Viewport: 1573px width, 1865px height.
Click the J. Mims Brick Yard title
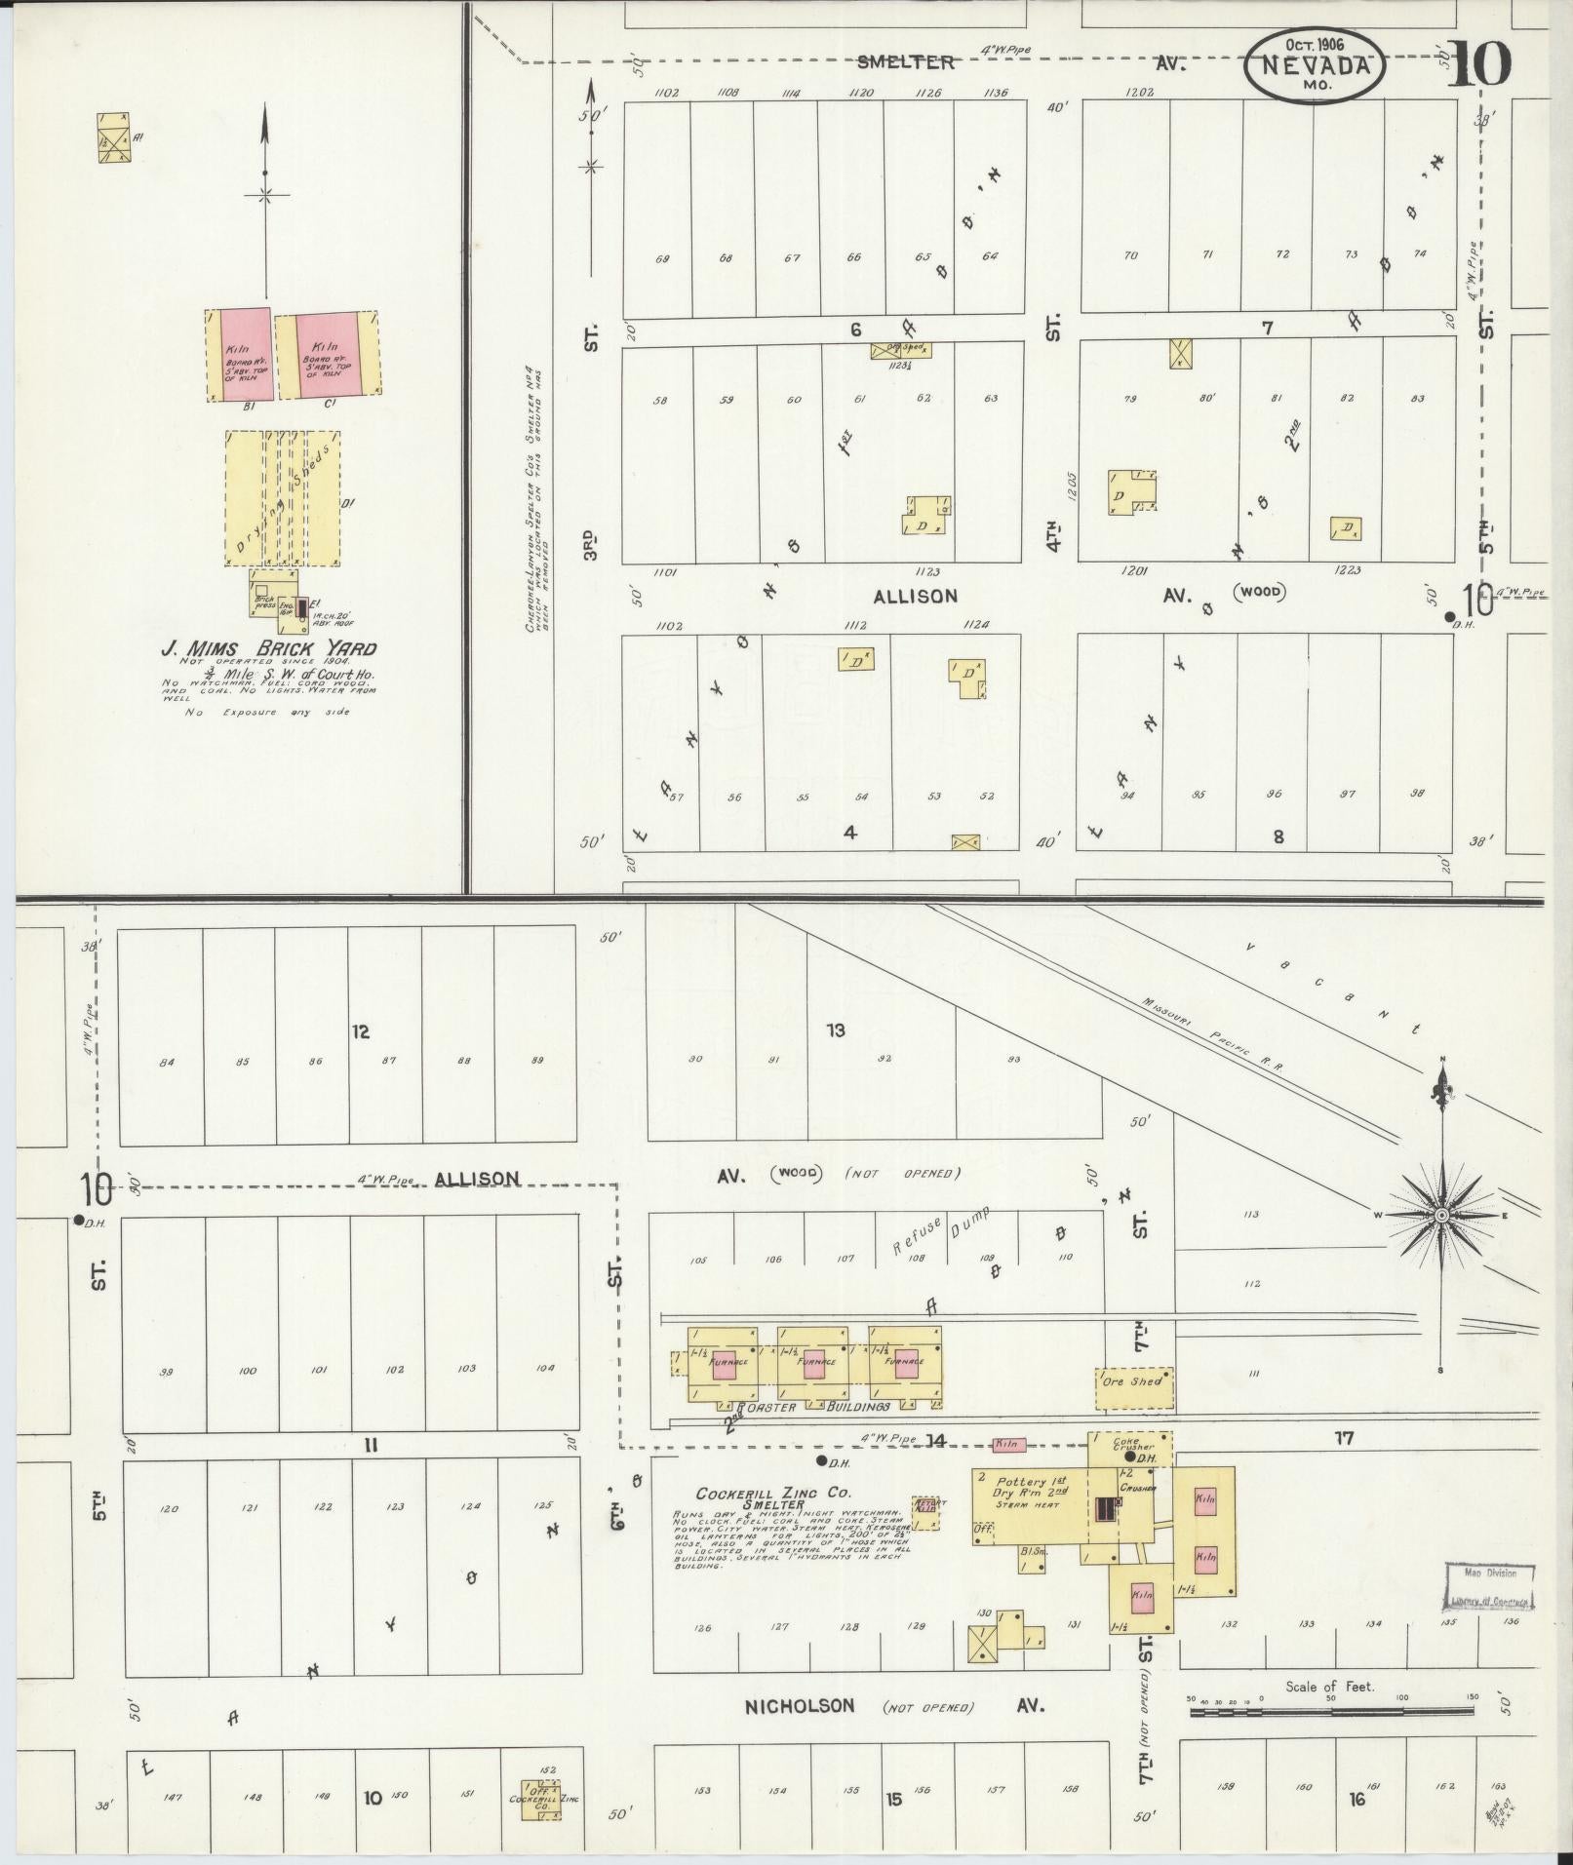[268, 649]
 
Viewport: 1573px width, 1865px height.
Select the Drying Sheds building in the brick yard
[283, 498]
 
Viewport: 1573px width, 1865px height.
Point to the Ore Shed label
[1132, 1381]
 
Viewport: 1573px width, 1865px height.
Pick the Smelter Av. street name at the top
[905, 62]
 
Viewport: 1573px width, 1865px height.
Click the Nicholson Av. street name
[800, 1705]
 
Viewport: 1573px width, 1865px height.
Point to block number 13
[835, 1030]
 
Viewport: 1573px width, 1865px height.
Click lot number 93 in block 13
[1014, 1059]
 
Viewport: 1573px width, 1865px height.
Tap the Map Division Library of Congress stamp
[1489, 1586]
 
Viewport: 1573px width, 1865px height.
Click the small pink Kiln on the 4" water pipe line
[1008, 1444]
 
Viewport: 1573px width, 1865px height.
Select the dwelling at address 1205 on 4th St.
[1131, 492]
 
